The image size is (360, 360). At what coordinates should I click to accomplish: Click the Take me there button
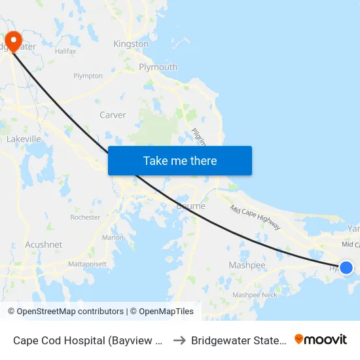180,160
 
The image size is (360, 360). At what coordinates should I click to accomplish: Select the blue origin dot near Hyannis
346,267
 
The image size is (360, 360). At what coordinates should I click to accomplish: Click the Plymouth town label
158,67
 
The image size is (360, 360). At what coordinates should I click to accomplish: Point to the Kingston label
131,44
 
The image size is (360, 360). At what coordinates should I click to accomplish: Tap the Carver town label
113,115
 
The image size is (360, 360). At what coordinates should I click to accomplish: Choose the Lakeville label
24,139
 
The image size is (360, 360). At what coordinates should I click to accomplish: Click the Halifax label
66,51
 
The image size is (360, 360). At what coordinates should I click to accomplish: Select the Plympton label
88,76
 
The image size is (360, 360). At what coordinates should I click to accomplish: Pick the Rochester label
85,217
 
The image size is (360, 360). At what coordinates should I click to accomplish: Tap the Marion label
113,237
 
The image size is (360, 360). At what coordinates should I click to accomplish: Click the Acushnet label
44,244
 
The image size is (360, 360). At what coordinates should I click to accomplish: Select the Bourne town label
191,206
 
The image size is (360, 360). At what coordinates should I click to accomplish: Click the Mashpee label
247,265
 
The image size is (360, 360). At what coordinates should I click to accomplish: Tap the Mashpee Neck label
255,295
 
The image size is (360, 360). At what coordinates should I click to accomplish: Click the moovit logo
321,340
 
